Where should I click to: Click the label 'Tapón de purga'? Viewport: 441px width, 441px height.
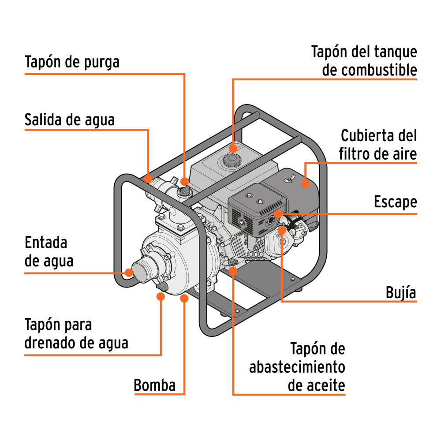(x=72, y=62)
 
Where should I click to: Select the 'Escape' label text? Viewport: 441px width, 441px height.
(x=395, y=202)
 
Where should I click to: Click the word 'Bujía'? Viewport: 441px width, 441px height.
(x=400, y=292)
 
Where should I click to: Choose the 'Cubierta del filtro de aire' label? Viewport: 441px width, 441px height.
(x=378, y=144)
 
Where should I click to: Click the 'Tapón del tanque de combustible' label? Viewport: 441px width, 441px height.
(x=364, y=60)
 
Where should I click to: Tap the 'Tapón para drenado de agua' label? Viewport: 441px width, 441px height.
(x=76, y=334)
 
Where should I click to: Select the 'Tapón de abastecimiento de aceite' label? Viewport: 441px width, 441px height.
(x=297, y=367)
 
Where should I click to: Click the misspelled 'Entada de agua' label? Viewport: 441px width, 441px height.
(x=49, y=251)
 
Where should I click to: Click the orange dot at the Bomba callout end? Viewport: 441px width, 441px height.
(x=184, y=299)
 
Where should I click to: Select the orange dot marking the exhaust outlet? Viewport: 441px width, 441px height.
(x=278, y=214)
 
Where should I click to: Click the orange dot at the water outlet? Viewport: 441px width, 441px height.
(x=148, y=179)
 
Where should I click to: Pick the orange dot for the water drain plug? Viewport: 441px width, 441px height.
(x=161, y=296)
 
